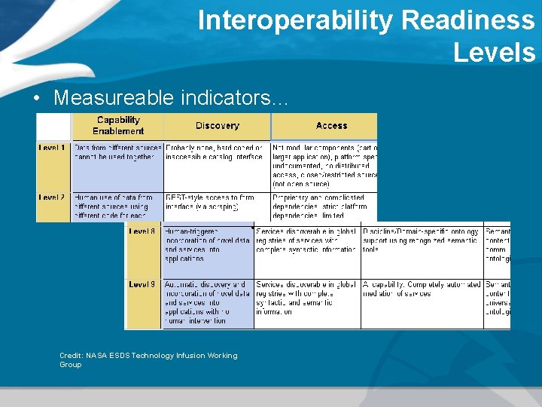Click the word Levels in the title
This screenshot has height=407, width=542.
click(494, 53)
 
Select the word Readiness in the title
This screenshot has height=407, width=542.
click(467, 20)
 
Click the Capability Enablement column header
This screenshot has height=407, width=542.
click(118, 125)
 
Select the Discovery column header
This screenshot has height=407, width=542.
click(217, 126)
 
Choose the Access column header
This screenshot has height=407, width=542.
click(331, 126)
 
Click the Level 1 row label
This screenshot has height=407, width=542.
click(52, 148)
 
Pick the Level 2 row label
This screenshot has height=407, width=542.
click(52, 197)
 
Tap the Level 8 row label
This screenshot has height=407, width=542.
click(142, 231)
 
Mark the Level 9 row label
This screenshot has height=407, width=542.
click(142, 284)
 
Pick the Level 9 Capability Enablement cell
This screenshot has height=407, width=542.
click(207, 302)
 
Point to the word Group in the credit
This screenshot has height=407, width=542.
click(71, 365)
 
